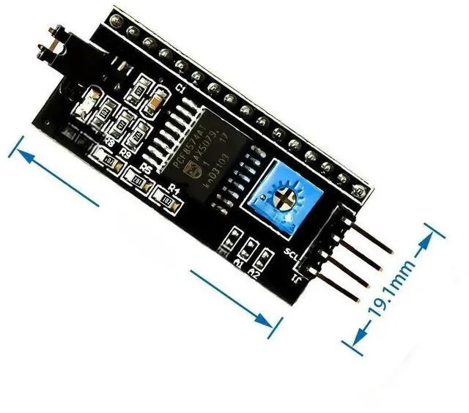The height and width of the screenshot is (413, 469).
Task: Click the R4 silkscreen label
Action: pos(174,188)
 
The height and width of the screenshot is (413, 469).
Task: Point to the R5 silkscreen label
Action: pos(146,168)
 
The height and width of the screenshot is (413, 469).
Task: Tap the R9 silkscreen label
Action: pos(125,155)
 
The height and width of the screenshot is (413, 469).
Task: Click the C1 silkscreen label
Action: pos(182,89)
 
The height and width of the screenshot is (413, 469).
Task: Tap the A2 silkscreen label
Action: pos(254,273)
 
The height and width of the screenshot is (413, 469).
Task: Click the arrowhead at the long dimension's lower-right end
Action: pos(275,323)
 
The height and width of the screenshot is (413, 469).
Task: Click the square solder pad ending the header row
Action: pos(362,193)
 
